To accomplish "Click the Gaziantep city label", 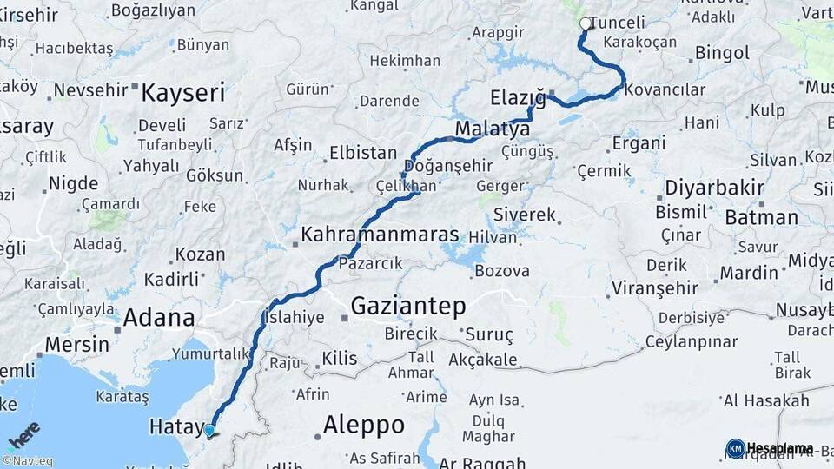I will click(x=408, y=306).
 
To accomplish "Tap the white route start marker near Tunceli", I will click(x=586, y=23).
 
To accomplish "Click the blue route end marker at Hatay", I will click(x=209, y=430).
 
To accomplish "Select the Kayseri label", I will click(x=183, y=92).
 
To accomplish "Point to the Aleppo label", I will click(x=364, y=425).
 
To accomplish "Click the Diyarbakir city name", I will click(x=715, y=188).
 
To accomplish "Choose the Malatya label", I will click(x=492, y=129).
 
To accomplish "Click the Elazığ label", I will click(x=518, y=97).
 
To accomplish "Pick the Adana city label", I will click(x=159, y=317).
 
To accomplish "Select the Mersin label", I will click(x=76, y=344).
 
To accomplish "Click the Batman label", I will click(x=761, y=216).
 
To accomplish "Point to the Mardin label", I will click(x=749, y=273).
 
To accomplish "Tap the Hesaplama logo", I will click(x=770, y=448).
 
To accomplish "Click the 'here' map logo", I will click(x=24, y=434).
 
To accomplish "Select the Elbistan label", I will click(x=363, y=153).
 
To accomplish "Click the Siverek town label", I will click(x=524, y=214).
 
